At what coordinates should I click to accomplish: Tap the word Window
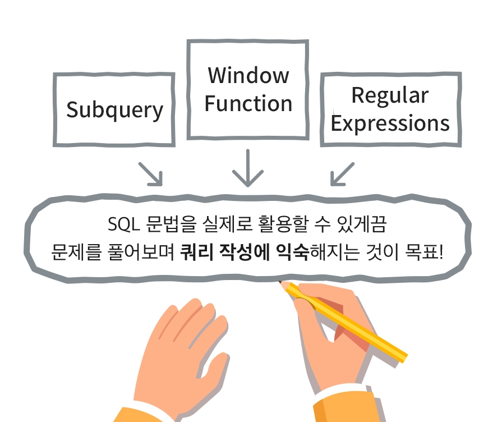click(248, 75)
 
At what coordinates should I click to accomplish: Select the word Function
click(248, 103)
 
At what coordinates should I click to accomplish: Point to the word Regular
click(390, 95)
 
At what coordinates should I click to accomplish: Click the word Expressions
click(390, 123)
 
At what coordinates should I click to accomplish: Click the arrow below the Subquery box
click(151, 174)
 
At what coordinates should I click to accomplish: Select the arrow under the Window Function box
click(248, 168)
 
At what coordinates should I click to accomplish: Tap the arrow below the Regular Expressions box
click(342, 174)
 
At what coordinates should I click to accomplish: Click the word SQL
click(123, 224)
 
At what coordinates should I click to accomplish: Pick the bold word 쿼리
click(196, 252)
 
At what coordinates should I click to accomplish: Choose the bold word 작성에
click(245, 252)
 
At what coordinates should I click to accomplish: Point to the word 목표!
click(424, 252)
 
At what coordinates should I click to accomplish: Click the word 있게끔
click(362, 224)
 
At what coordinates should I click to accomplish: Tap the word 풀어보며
click(141, 252)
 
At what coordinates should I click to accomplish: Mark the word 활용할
click(283, 224)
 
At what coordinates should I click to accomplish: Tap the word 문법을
click(171, 224)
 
